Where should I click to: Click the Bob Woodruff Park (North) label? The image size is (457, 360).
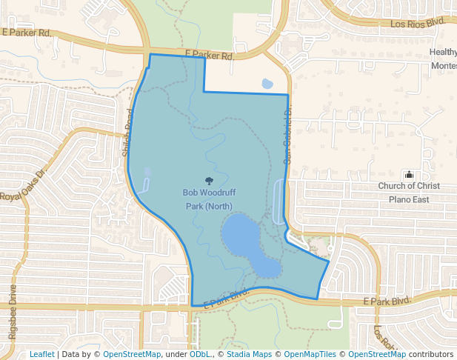coord(208,199)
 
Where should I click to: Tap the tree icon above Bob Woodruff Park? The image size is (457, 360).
coord(209,180)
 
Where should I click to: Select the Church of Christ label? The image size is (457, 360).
coord(408,186)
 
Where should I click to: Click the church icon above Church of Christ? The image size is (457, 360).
coord(409,174)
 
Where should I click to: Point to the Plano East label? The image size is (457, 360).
coord(409,199)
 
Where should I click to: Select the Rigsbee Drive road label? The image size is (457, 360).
coord(13,311)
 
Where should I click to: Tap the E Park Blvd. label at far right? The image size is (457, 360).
coord(387,301)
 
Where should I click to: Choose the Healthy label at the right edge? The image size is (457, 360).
coord(443,52)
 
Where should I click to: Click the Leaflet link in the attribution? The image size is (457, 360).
coord(42,354)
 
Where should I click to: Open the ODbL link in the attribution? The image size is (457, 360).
coord(200,354)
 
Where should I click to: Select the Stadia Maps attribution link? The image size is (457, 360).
coord(249,354)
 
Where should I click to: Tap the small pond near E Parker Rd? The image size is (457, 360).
coord(267,84)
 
